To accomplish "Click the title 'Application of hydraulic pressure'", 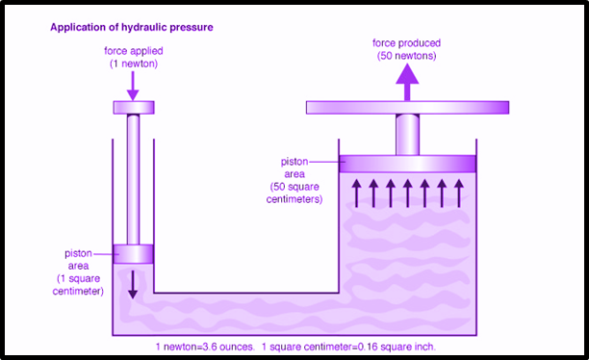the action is [132, 27].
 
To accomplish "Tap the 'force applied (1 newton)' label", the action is [134, 57].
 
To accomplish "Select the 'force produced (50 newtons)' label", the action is [406, 49].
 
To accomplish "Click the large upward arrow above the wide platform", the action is [407, 82].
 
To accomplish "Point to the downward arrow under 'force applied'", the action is [133, 86].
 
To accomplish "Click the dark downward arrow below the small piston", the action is [132, 285].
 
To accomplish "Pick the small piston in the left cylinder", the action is [134, 254].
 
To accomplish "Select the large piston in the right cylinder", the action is [407, 164].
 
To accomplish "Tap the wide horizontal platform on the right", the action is [407, 108].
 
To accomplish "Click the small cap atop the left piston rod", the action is [134, 108].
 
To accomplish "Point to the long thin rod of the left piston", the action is [133, 180].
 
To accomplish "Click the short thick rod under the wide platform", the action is [407, 135].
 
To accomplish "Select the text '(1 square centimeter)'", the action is [78, 285].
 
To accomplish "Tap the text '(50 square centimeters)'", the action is [294, 193].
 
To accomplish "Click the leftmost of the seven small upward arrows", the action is [356, 193].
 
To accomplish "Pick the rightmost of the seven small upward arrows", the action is [459, 193].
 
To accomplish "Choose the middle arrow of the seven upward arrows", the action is [407, 193].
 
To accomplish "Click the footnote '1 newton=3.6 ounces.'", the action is [205, 347].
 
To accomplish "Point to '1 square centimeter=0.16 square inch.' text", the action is [349, 347].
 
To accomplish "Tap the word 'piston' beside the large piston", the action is [294, 162].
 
